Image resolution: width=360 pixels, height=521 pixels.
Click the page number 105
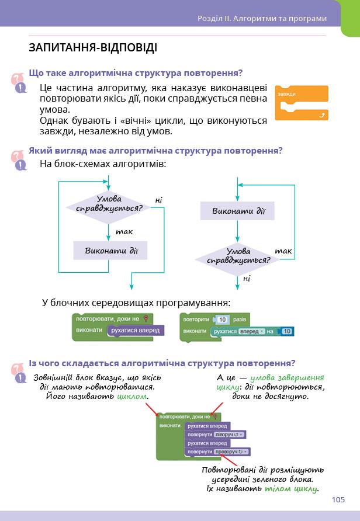pyautogui.click(x=338, y=499)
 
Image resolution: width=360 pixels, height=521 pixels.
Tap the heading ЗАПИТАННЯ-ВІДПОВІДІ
pyautogui.click(x=93, y=48)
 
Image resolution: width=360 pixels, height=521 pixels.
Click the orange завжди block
pyautogui.click(x=302, y=103)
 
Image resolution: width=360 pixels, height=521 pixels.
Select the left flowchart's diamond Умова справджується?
pyautogui.click(x=109, y=204)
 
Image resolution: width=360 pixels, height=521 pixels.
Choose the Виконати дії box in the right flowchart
pyautogui.click(x=237, y=211)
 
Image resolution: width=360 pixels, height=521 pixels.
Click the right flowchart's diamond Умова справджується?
pyautogui.click(x=237, y=256)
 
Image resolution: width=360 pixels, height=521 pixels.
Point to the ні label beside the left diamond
pyautogui.click(x=158, y=200)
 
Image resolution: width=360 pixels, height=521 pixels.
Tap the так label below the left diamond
pyautogui.click(x=124, y=231)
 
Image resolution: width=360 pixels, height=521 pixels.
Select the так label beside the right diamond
pyautogui.click(x=283, y=251)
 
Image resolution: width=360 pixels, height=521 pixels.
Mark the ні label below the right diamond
pyautogui.click(x=247, y=279)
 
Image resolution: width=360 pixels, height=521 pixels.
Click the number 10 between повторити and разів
pyautogui.click(x=221, y=319)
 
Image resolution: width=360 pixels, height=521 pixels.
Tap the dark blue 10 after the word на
pyautogui.click(x=286, y=331)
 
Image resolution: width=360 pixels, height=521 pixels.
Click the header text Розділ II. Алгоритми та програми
pyautogui.click(x=262, y=18)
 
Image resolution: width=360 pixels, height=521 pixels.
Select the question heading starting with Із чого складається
pyautogui.click(x=162, y=362)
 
